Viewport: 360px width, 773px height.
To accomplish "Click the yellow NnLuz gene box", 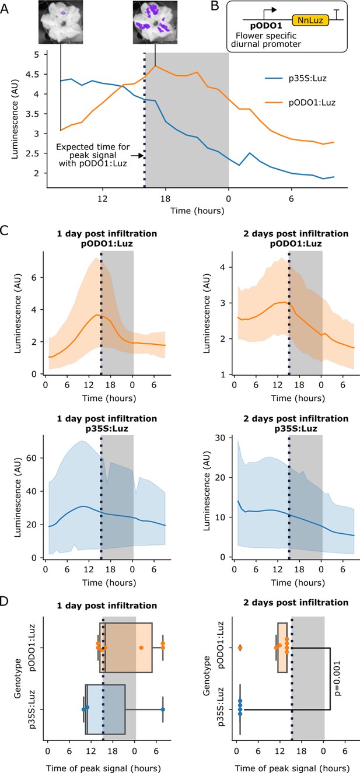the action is coord(310,20).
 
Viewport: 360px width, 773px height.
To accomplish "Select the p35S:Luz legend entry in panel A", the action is coord(295,78).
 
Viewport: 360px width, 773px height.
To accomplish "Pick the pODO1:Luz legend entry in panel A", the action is coord(300,103).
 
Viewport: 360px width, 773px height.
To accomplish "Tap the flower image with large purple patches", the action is coord(155,22).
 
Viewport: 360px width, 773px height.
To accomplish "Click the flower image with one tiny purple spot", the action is coord(61,22).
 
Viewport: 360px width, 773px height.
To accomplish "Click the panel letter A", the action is coord(4,8).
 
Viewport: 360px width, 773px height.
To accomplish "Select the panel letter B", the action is coord(215,6).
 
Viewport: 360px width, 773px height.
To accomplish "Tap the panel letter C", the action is coord(4,230).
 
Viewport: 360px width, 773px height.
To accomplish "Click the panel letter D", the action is coord(4,601).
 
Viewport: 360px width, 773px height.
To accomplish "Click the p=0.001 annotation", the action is coord(337,678).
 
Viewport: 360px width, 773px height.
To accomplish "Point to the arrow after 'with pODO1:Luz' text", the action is coord(137,156).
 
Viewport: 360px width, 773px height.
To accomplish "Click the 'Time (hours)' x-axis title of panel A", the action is coord(197,211).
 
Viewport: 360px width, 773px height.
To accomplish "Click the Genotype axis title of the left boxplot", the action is coord(18,678).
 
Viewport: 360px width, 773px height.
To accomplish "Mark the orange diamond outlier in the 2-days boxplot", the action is coord(240,648).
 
